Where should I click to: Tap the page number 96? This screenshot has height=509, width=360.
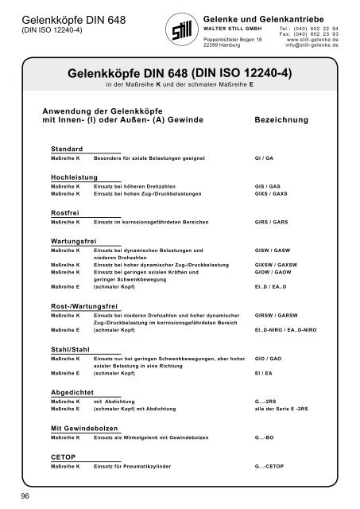25,496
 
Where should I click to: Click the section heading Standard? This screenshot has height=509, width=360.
67,150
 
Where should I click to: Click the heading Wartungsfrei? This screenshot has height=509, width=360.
73,239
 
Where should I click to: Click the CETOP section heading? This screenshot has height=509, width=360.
62,458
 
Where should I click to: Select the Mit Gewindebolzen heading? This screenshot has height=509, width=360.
84,428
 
